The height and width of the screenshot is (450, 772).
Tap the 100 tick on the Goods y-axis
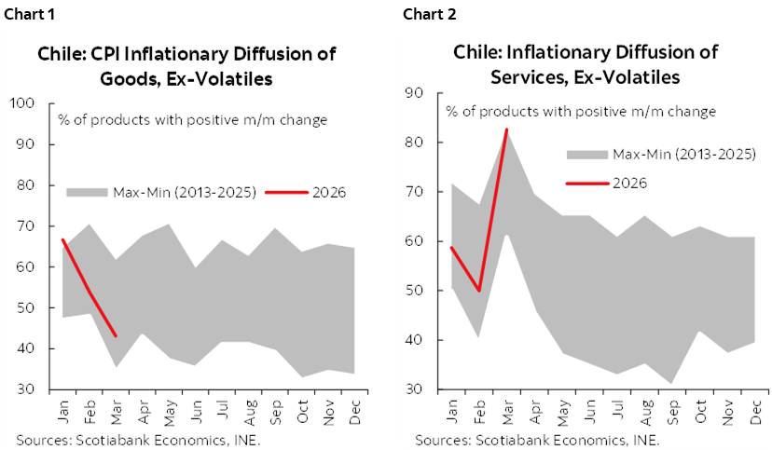(x=21, y=103)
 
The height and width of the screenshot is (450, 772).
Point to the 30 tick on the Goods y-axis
(x=24, y=389)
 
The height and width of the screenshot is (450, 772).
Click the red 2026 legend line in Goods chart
(x=286, y=193)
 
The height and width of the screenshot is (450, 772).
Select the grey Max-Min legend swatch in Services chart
(x=586, y=154)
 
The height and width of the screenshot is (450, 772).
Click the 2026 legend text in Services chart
(x=630, y=183)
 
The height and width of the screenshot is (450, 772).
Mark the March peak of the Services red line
(x=506, y=130)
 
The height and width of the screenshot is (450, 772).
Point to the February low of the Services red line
(x=479, y=291)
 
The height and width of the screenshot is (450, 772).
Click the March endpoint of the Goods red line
(x=115, y=335)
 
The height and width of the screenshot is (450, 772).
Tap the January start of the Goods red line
(x=62, y=240)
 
